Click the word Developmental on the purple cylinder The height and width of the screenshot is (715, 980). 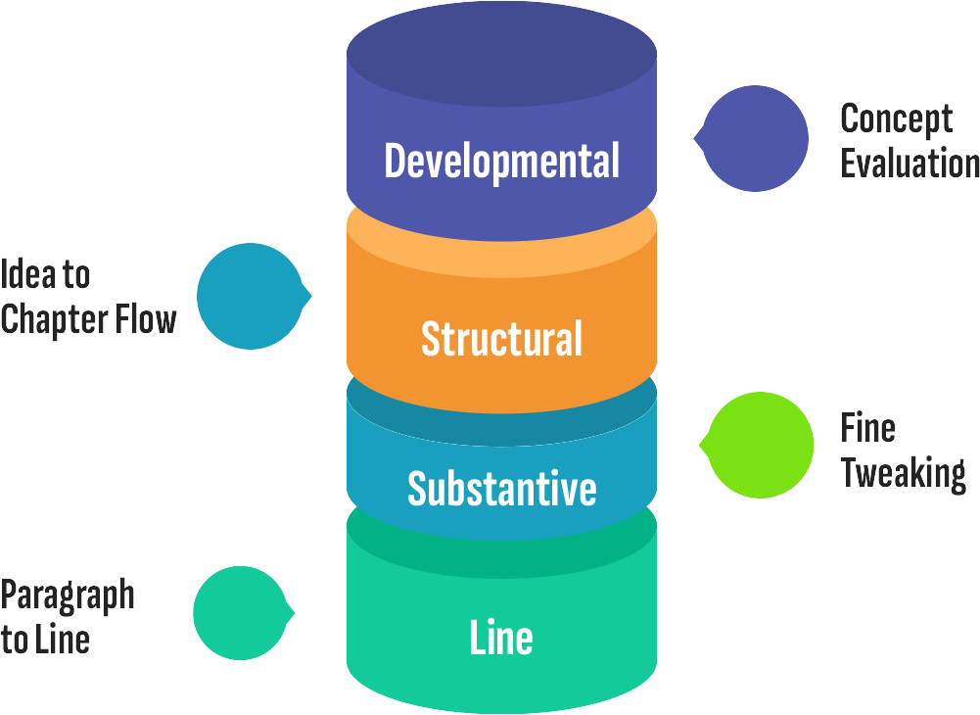tap(501, 161)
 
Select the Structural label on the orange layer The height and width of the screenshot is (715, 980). tap(501, 339)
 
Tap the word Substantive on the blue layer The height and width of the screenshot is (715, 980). tap(501, 488)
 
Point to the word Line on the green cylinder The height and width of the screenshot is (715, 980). tap(501, 639)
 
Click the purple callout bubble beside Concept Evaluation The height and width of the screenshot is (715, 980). tap(755, 137)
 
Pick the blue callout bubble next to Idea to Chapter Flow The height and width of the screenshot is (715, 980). tap(250, 296)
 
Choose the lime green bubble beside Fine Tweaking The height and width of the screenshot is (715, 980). tap(760, 446)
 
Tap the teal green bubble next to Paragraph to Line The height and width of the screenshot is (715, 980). tap(240, 613)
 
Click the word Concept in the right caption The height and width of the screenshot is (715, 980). tap(896, 119)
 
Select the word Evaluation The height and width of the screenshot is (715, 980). tap(910, 164)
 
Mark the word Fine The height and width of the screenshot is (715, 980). tap(867, 427)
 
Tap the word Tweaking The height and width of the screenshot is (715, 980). tap(903, 473)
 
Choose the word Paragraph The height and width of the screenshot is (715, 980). tap(67, 595)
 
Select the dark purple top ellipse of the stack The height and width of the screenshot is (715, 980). tap(501, 54)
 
